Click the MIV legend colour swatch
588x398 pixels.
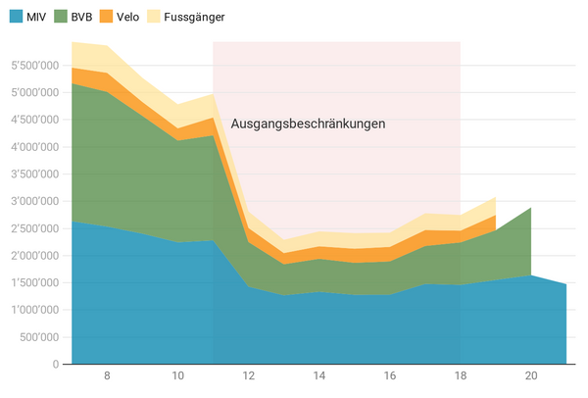coord(19,16)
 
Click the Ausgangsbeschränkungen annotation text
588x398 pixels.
coord(308,124)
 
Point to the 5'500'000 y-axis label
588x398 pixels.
coord(32,66)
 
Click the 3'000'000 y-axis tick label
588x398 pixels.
coord(32,201)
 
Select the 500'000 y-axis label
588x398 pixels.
coord(38,336)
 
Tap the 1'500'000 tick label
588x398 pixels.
coord(32,282)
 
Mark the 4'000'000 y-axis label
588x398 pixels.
coord(32,147)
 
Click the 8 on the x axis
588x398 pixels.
coord(107,376)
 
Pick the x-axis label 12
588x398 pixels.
coord(249,376)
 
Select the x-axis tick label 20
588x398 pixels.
coord(531,376)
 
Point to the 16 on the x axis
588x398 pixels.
coord(390,376)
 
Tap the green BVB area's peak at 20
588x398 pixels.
coord(531,209)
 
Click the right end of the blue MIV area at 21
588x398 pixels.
coord(565,284)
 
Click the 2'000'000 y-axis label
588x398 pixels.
coord(32,255)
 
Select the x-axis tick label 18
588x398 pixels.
coord(461,376)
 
